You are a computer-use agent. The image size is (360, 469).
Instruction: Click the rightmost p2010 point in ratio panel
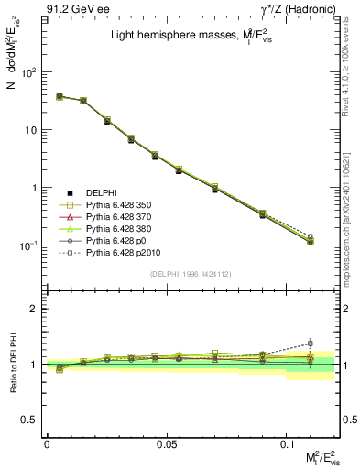[311, 344]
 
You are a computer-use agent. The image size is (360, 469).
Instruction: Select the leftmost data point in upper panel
[59, 96]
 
